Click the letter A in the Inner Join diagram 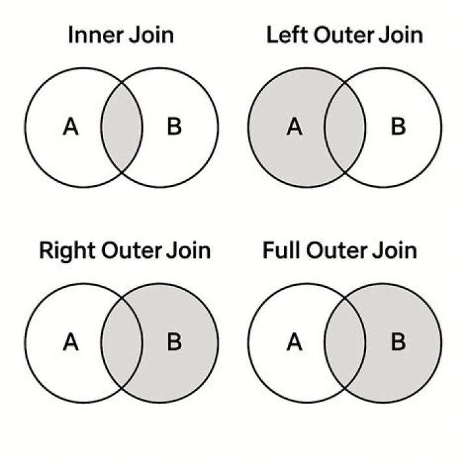[x=71, y=127]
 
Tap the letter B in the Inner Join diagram [x=175, y=127]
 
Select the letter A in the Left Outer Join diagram [x=294, y=127]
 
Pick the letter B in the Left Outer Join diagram [x=398, y=127]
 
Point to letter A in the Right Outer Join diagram [x=71, y=342]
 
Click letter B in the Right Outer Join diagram [x=175, y=342]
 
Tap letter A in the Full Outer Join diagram [x=294, y=342]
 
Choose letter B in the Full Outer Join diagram [x=398, y=342]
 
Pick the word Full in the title [x=281, y=250]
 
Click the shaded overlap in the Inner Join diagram [x=121, y=128]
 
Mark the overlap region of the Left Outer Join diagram [x=345, y=128]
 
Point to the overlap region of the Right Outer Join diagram [x=121, y=343]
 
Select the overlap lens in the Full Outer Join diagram [x=345, y=343]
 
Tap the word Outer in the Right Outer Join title [x=132, y=250]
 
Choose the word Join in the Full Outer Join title [x=395, y=250]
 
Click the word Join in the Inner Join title [x=151, y=35]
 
